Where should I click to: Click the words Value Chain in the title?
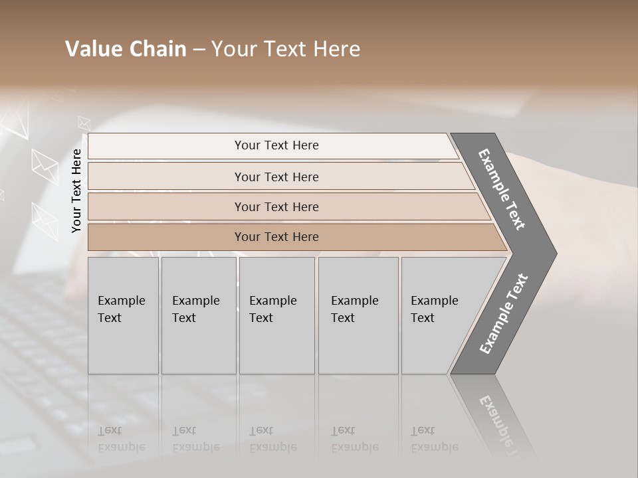(x=126, y=49)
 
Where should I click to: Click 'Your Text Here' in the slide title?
(x=286, y=49)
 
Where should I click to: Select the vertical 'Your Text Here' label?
(x=76, y=191)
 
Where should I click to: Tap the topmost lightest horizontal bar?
(x=276, y=145)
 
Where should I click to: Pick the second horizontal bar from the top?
(x=276, y=177)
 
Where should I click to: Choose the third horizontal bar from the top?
(x=276, y=206)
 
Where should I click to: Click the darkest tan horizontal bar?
(x=276, y=237)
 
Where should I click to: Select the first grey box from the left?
(x=123, y=315)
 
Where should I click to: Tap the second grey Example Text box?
(x=198, y=315)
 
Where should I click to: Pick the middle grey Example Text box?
(x=276, y=315)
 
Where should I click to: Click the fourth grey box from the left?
(x=358, y=315)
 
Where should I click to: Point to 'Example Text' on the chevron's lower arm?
(x=504, y=313)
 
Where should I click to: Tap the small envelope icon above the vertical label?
(x=84, y=122)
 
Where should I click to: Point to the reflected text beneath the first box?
(x=121, y=439)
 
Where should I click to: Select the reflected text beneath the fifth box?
(x=434, y=439)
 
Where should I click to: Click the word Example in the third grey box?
(x=272, y=301)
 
